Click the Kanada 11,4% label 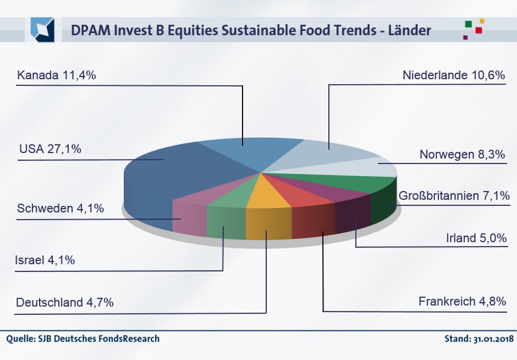click(56, 75)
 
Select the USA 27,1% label click(50, 148)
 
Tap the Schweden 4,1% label click(60, 209)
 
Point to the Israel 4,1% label click(45, 260)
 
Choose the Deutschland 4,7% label click(65, 302)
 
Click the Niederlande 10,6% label click(454, 75)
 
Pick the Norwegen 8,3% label click(462, 154)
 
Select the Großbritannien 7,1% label click(454, 195)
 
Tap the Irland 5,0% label click(476, 238)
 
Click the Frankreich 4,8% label click(462, 301)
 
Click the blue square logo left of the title click(42, 29)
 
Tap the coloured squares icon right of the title click(473, 29)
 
